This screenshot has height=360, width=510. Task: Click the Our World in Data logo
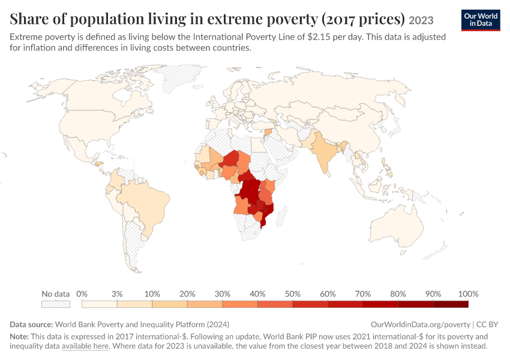click(x=481, y=20)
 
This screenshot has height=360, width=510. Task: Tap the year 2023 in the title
click(x=421, y=20)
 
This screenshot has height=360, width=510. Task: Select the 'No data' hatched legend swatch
click(x=56, y=304)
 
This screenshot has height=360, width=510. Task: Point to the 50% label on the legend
click(x=292, y=294)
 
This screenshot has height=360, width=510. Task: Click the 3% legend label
click(x=117, y=294)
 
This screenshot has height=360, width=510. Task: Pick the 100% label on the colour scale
click(x=469, y=294)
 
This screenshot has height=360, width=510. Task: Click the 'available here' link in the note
click(x=85, y=346)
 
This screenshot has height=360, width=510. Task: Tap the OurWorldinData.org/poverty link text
click(x=420, y=325)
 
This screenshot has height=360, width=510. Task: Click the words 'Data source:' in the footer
click(x=31, y=324)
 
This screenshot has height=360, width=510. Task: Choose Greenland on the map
click(x=181, y=78)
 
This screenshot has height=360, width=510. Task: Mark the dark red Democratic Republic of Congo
click(x=248, y=193)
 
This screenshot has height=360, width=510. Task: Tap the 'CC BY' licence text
click(x=487, y=325)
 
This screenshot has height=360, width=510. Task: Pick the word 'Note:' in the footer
click(x=19, y=336)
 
